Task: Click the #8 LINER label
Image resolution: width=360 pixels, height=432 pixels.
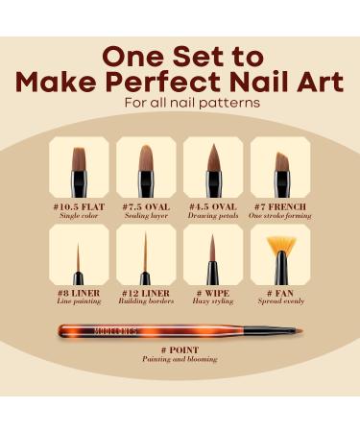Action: pos(82,291)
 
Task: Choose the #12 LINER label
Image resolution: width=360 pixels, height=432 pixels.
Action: pos(146,291)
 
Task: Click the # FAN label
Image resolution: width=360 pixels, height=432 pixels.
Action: pos(279,291)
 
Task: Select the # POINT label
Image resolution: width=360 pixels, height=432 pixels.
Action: pos(182,349)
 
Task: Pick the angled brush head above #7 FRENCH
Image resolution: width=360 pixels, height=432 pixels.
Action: pos(281,160)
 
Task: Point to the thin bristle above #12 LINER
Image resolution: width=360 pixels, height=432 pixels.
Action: pos(146,250)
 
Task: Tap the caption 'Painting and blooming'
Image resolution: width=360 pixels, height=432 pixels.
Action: pos(182,360)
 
